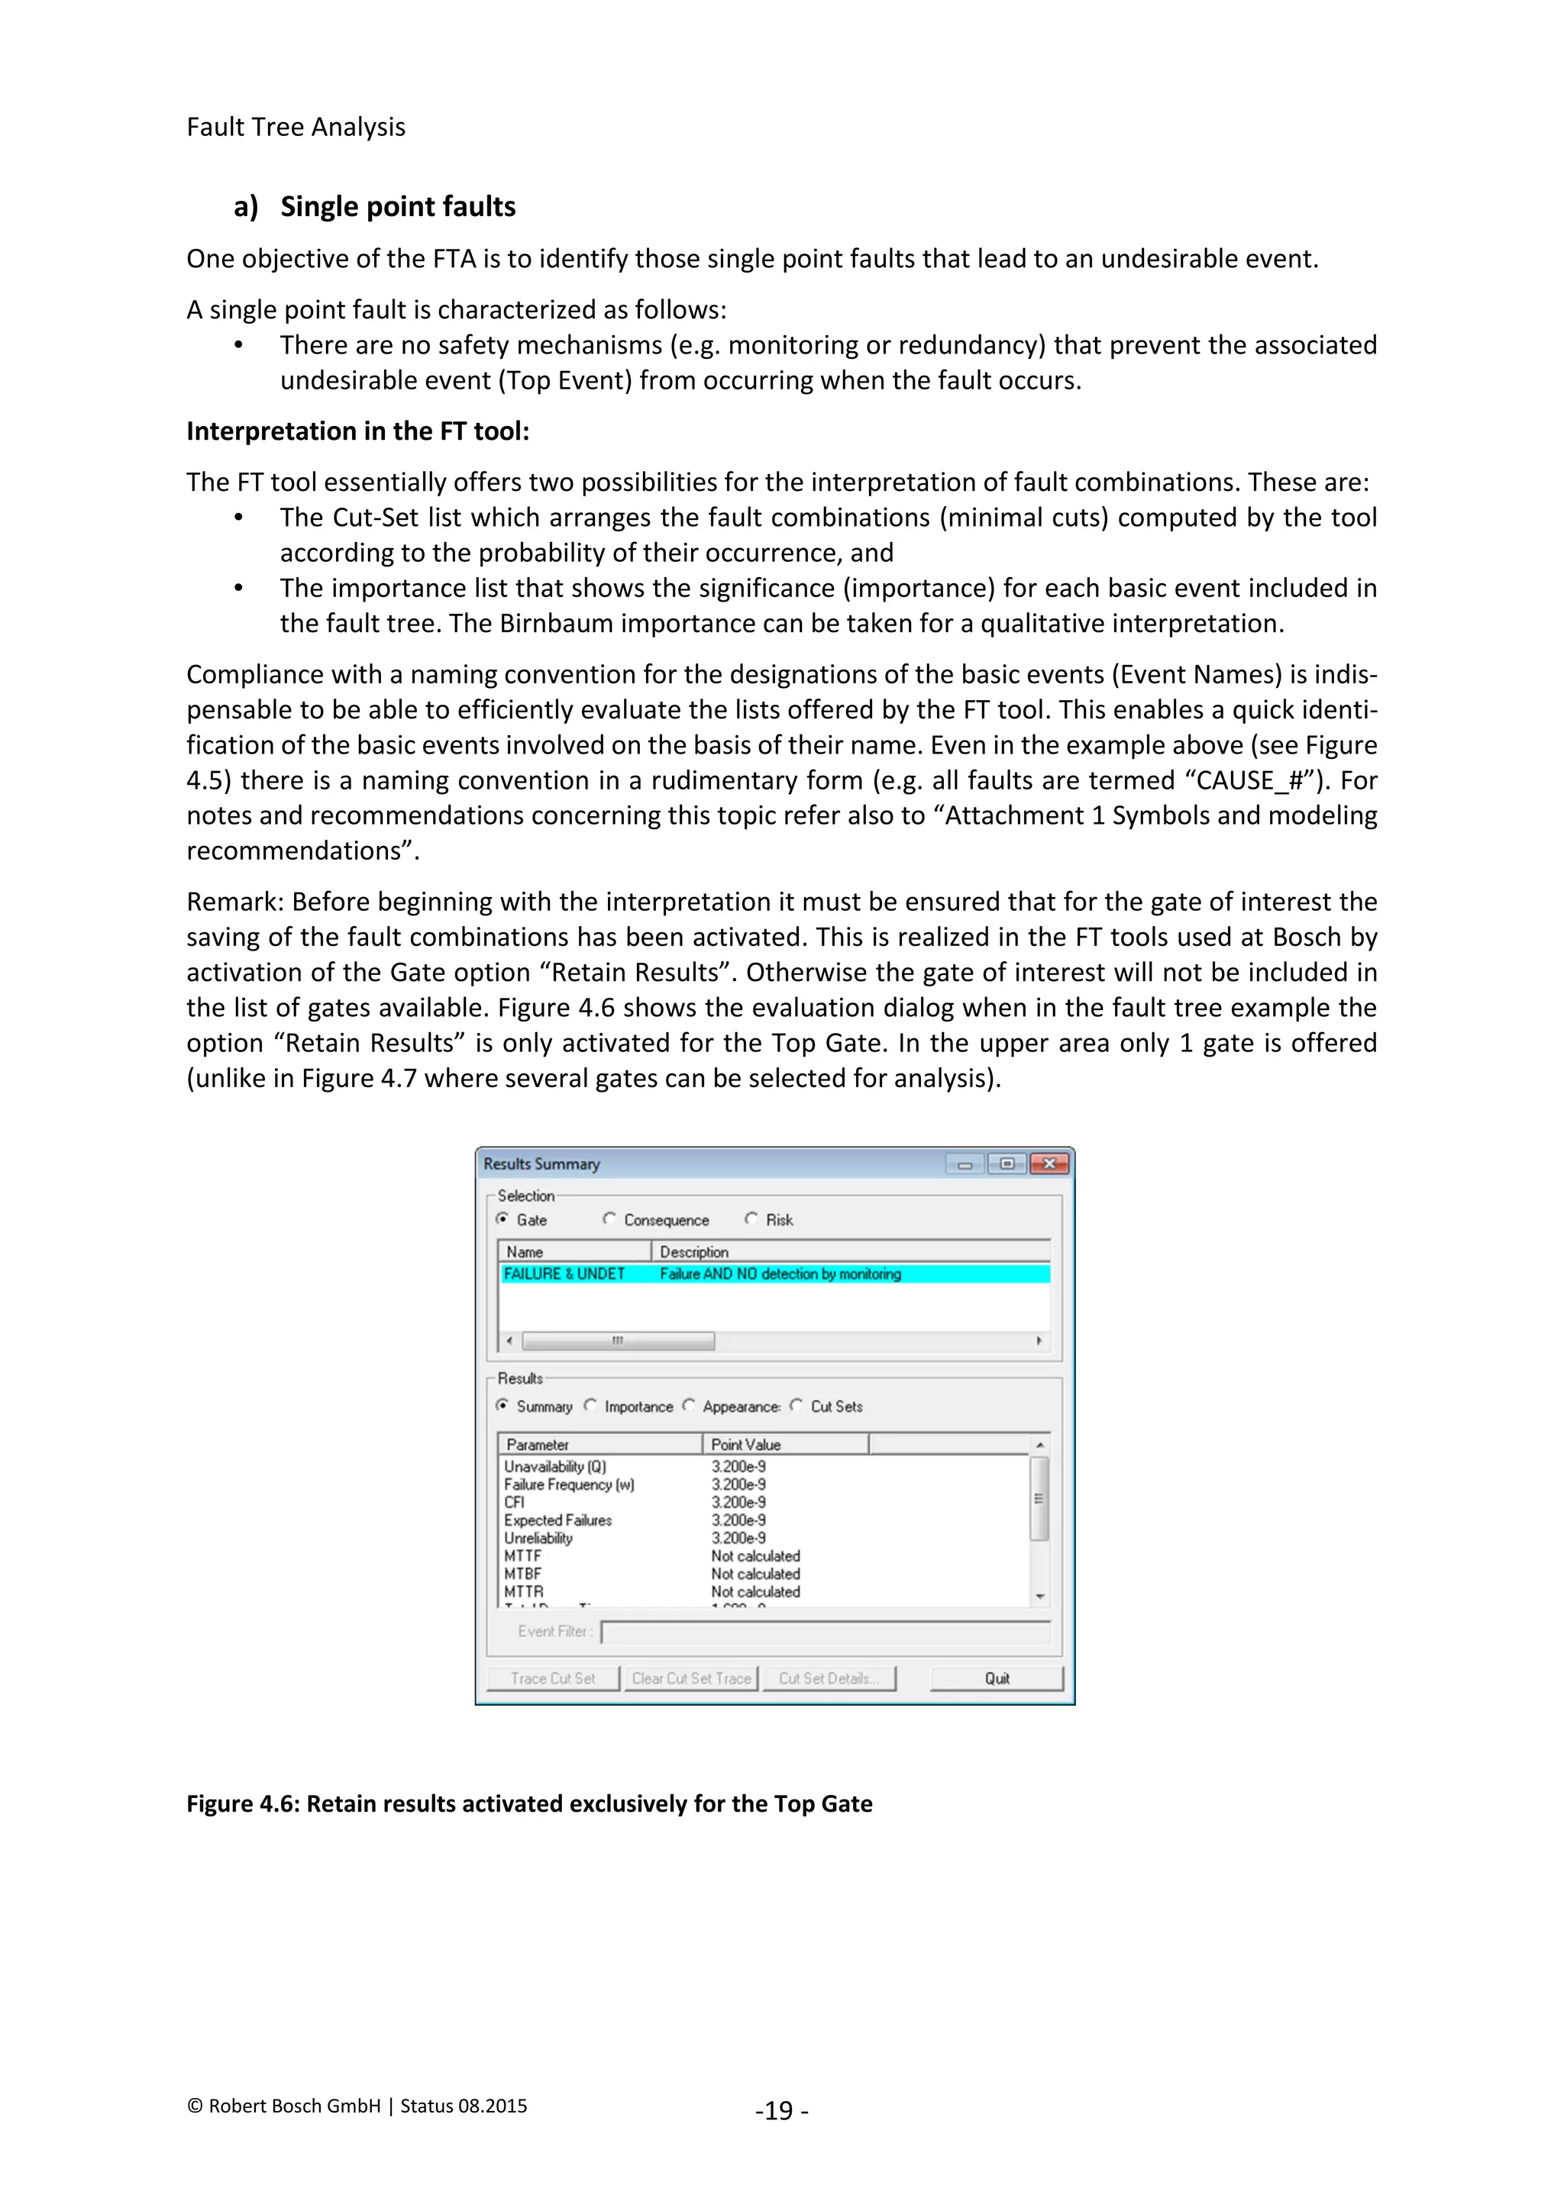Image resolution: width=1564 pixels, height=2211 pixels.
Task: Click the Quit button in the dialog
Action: tap(997, 1678)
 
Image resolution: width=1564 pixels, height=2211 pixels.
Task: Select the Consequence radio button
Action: tap(609, 1219)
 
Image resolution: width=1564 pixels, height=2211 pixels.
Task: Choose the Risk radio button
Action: tap(751, 1219)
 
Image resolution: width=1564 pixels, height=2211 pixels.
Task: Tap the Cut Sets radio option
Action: tap(796, 1406)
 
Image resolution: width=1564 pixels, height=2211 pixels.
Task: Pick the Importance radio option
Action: tap(590, 1406)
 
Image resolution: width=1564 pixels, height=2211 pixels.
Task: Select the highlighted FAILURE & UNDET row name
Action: tap(564, 1274)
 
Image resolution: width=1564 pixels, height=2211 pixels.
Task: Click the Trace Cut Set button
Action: tap(553, 1678)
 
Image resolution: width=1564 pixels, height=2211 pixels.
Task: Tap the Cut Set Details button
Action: tap(829, 1678)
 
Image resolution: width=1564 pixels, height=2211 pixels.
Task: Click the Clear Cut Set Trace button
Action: tap(691, 1678)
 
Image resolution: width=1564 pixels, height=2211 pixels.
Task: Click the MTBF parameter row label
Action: tap(523, 1574)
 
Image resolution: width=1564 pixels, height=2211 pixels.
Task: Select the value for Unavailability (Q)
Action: tap(738, 1467)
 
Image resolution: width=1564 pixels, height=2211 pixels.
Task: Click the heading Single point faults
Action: tap(397, 206)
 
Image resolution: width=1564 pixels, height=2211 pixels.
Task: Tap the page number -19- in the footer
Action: tap(781, 2111)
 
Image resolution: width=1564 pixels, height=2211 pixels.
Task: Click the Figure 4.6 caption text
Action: tap(528, 1803)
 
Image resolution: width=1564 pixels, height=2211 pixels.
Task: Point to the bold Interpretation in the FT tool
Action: tap(357, 431)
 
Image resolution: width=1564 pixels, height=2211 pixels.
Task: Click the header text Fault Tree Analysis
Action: tap(296, 127)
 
